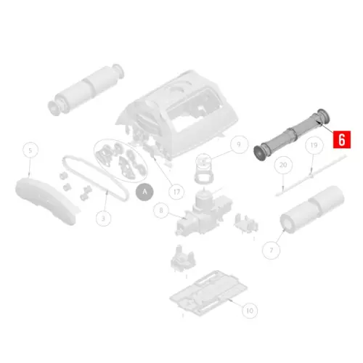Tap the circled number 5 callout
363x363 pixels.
[x=30, y=150]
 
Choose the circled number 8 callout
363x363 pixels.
[x=161, y=211]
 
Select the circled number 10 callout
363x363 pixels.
[x=248, y=311]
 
